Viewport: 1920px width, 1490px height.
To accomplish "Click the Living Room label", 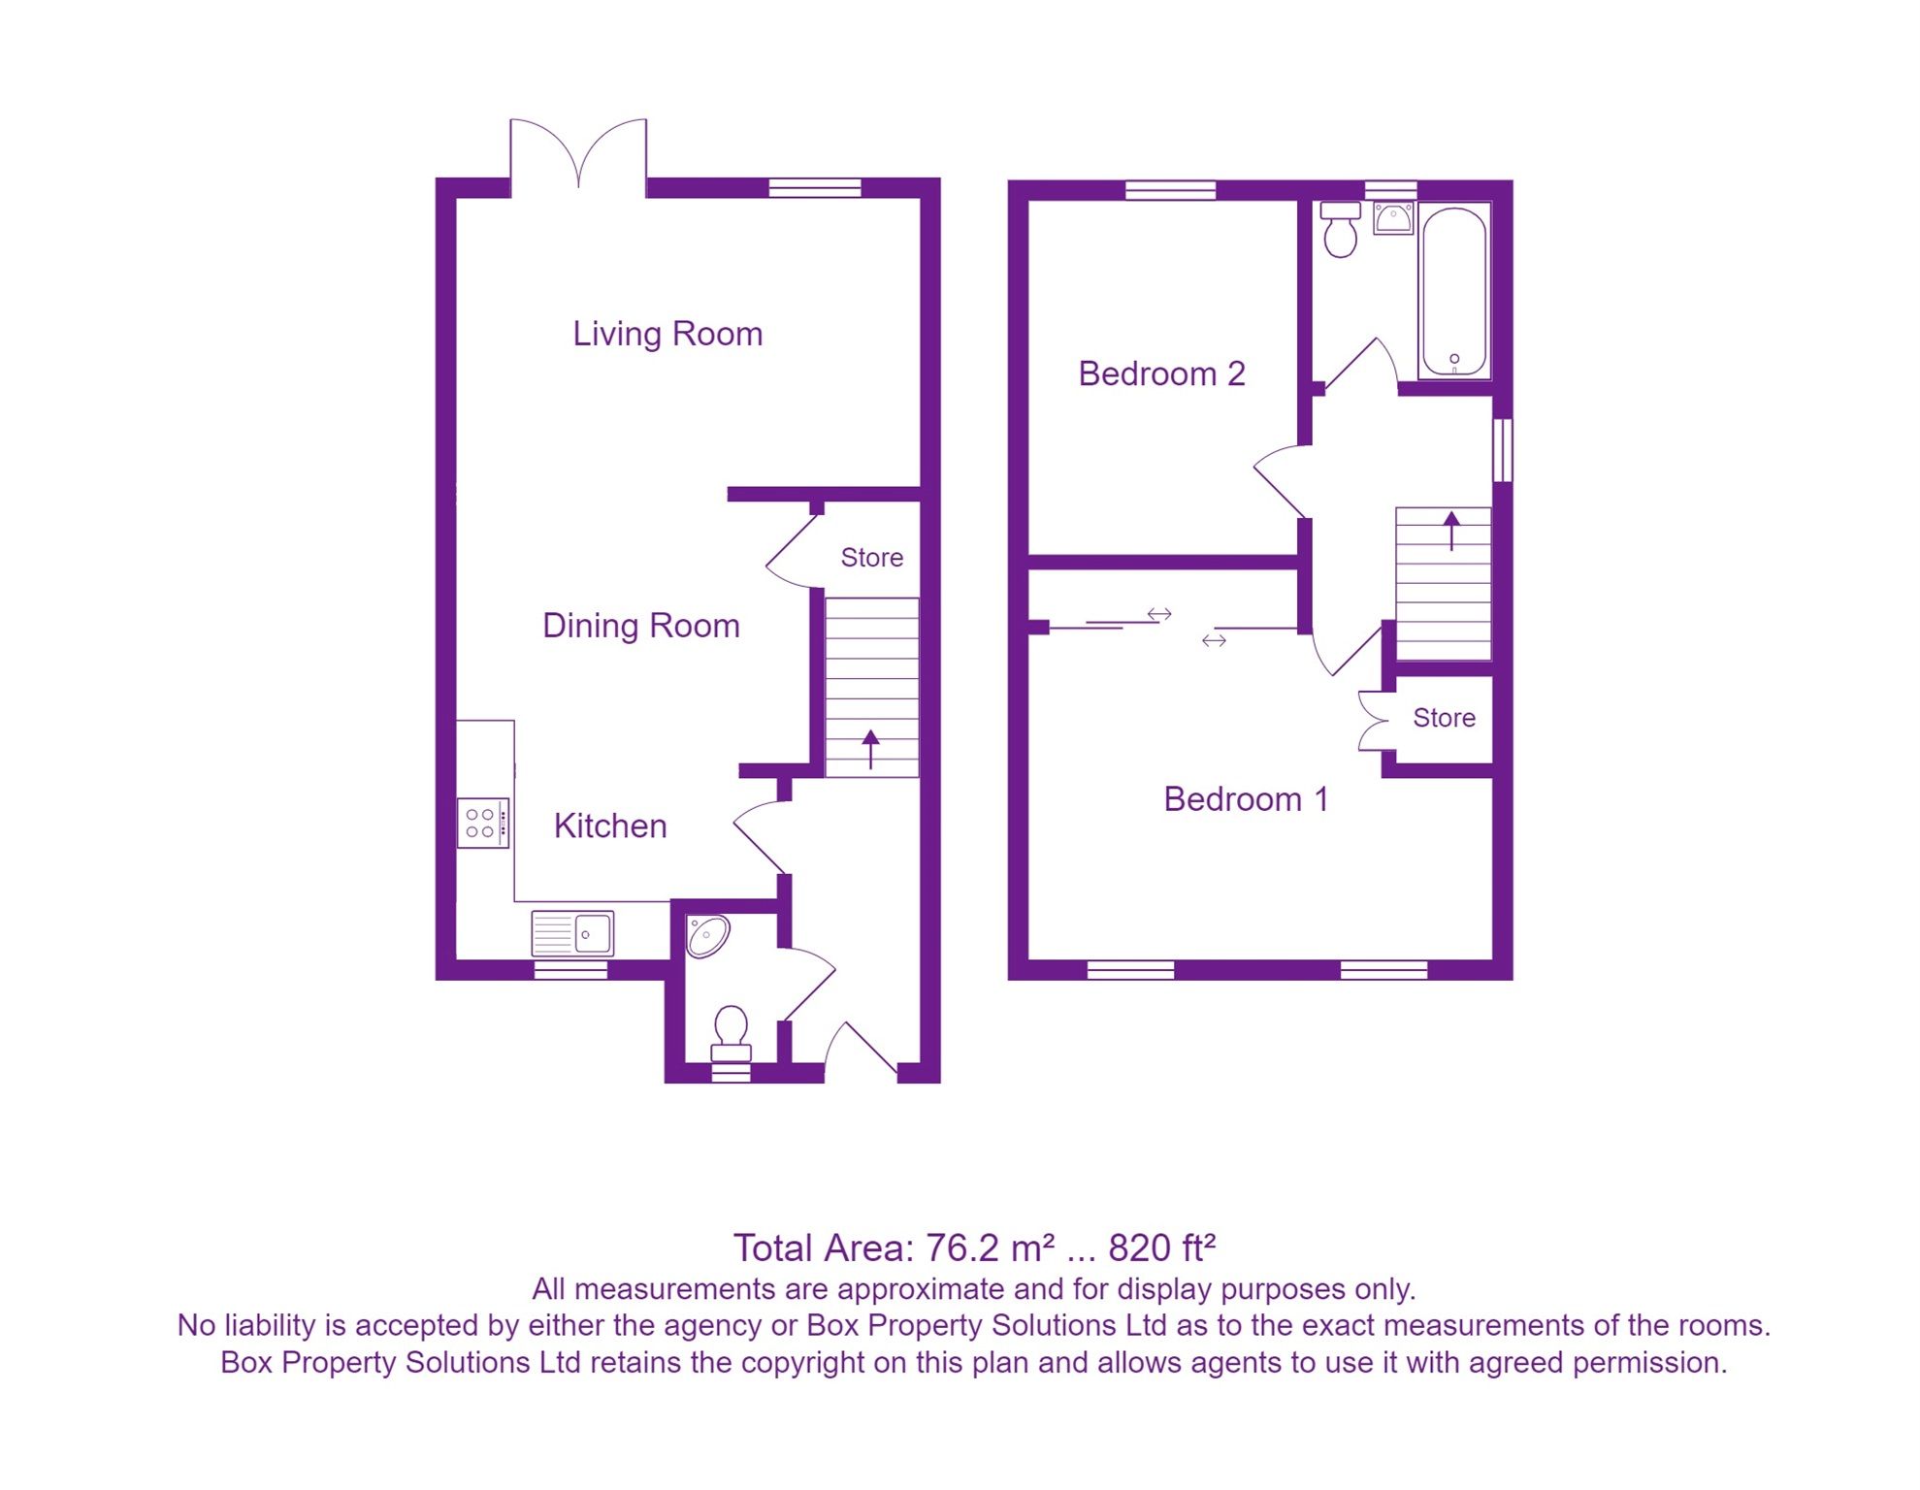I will pyautogui.click(x=667, y=334).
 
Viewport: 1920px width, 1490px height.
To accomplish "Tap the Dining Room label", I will pyautogui.click(x=640, y=626).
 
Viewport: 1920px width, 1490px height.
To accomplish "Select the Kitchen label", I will pyautogui.click(x=610, y=826).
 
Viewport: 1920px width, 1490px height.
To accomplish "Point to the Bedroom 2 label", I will pyautogui.click(x=1161, y=373).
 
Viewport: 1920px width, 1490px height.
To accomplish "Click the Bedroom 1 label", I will pyautogui.click(x=1246, y=799).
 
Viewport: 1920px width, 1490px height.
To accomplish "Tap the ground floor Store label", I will pyautogui.click(x=871, y=558).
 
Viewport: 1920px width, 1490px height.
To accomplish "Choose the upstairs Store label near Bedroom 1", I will pyautogui.click(x=1444, y=718).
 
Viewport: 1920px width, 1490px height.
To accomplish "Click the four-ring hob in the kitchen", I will pyautogui.click(x=482, y=823).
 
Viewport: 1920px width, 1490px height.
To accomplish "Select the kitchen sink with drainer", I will pyautogui.click(x=572, y=934).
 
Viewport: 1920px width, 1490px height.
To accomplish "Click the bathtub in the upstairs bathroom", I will pyautogui.click(x=1453, y=291).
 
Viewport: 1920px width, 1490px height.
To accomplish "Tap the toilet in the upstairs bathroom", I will pyautogui.click(x=1340, y=229).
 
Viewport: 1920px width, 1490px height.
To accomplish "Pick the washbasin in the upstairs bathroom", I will pyautogui.click(x=1393, y=218).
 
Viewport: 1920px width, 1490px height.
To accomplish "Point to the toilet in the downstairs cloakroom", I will pyautogui.click(x=731, y=1034).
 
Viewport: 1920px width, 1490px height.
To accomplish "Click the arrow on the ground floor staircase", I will pyautogui.click(x=870, y=749).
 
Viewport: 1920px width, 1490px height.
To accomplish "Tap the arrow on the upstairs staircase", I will pyautogui.click(x=1451, y=530).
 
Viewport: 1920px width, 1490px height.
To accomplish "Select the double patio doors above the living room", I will pyautogui.click(x=578, y=155).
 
